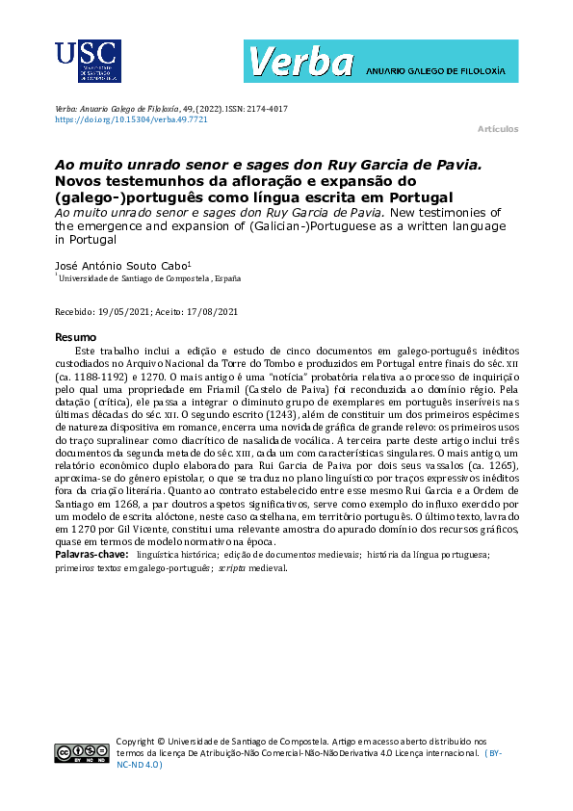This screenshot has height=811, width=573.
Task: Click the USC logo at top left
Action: tap(88, 65)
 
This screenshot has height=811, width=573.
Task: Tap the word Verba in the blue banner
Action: tap(300, 63)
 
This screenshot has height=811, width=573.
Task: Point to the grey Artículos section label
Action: tap(498, 129)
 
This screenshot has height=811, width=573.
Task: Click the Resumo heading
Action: tap(75, 337)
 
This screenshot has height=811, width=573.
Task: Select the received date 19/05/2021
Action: tap(125, 311)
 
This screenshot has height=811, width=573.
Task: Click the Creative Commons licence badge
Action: tap(82, 753)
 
